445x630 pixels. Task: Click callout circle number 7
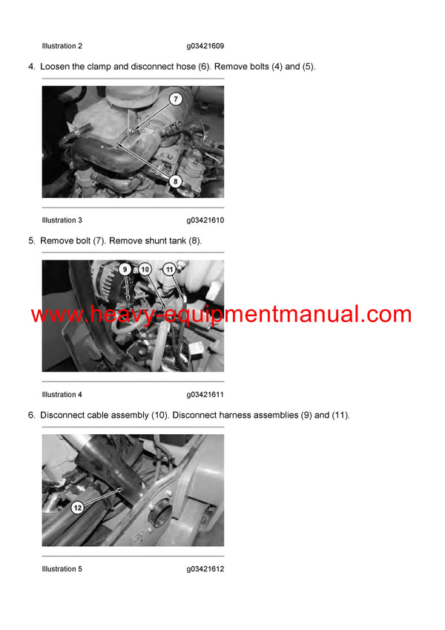click(x=176, y=99)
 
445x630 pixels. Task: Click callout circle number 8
click(x=175, y=180)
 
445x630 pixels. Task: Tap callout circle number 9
click(x=125, y=269)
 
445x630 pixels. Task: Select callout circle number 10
click(x=145, y=269)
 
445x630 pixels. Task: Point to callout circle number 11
click(x=169, y=269)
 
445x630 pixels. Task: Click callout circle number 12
click(x=77, y=508)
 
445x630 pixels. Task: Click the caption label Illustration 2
click(x=62, y=46)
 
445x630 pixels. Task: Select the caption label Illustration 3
click(x=62, y=220)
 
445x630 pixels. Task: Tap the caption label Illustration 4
click(x=62, y=395)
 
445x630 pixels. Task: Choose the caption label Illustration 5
click(x=62, y=569)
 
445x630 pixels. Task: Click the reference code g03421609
click(x=205, y=46)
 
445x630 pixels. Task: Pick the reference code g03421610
click(x=205, y=220)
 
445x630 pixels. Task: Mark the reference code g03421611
click(x=205, y=395)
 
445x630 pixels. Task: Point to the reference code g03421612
click(x=205, y=569)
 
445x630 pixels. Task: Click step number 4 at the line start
click(x=31, y=67)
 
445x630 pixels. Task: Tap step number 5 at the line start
click(x=31, y=241)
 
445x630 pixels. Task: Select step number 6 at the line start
click(x=31, y=416)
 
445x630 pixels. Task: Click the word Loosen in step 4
click(x=57, y=67)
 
